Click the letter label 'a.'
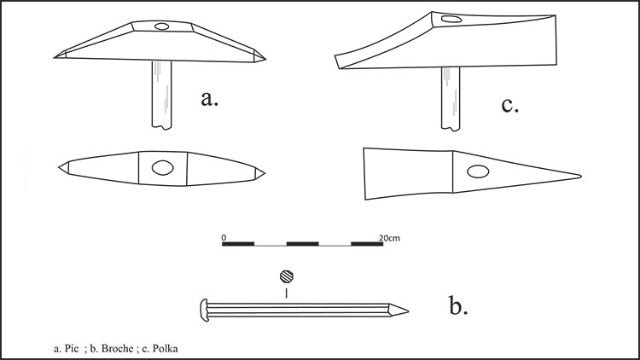(209, 99)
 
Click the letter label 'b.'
(458, 305)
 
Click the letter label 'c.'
(509, 105)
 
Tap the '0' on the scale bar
(224, 237)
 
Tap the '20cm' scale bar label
(389, 238)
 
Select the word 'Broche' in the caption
(117, 349)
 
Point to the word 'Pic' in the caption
(72, 349)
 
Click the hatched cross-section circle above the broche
(287, 276)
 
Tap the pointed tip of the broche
(408, 311)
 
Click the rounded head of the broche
(204, 311)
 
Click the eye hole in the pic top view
(162, 168)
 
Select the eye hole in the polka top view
(478, 171)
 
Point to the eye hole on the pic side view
(161, 26)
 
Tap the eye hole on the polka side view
(451, 19)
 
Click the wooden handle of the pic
(161, 95)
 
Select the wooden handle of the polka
(451, 99)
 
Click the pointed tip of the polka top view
(581, 177)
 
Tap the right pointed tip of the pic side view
(265, 59)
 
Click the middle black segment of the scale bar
(302, 244)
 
